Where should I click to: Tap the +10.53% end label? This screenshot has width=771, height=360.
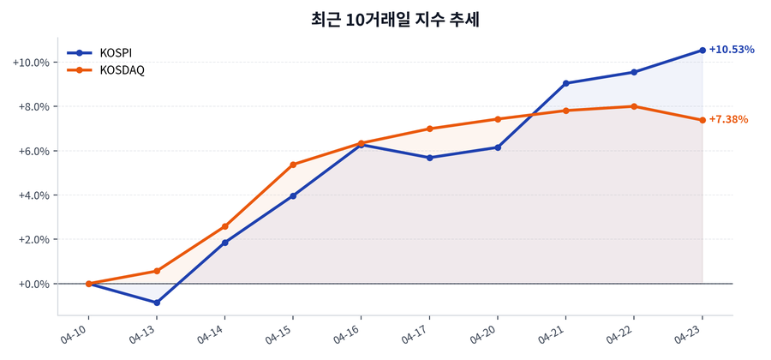click(x=732, y=50)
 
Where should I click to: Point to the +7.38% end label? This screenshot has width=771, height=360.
click(x=728, y=120)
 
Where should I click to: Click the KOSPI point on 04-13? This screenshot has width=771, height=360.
click(x=157, y=303)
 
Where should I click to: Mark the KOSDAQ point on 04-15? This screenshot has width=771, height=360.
click(x=293, y=165)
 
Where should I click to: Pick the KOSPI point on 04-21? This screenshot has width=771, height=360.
click(x=566, y=83)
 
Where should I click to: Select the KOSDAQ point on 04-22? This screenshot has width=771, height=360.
click(x=634, y=106)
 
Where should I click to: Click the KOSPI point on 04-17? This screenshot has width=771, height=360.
click(x=429, y=158)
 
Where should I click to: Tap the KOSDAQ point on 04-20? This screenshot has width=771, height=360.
click(x=498, y=119)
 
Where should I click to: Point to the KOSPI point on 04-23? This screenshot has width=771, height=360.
click(x=702, y=51)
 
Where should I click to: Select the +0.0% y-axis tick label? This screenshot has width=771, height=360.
click(x=33, y=284)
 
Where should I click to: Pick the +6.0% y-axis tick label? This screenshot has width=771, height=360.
click(x=33, y=151)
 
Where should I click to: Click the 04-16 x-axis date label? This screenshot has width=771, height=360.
click(x=348, y=334)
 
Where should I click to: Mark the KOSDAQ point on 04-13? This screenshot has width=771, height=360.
click(x=157, y=271)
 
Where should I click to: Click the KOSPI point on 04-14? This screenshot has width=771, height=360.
click(x=224, y=243)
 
